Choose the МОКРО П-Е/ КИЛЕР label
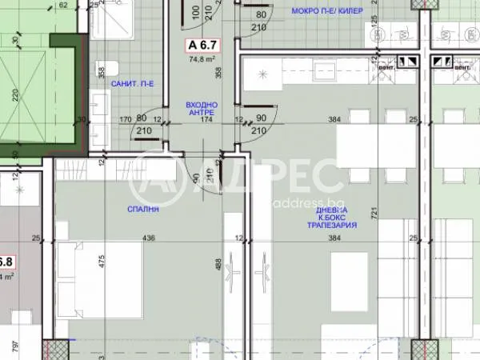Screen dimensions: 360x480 pos(327,11)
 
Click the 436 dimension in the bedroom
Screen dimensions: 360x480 pos(148,238)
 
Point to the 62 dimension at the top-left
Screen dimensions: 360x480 pos(64,5)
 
